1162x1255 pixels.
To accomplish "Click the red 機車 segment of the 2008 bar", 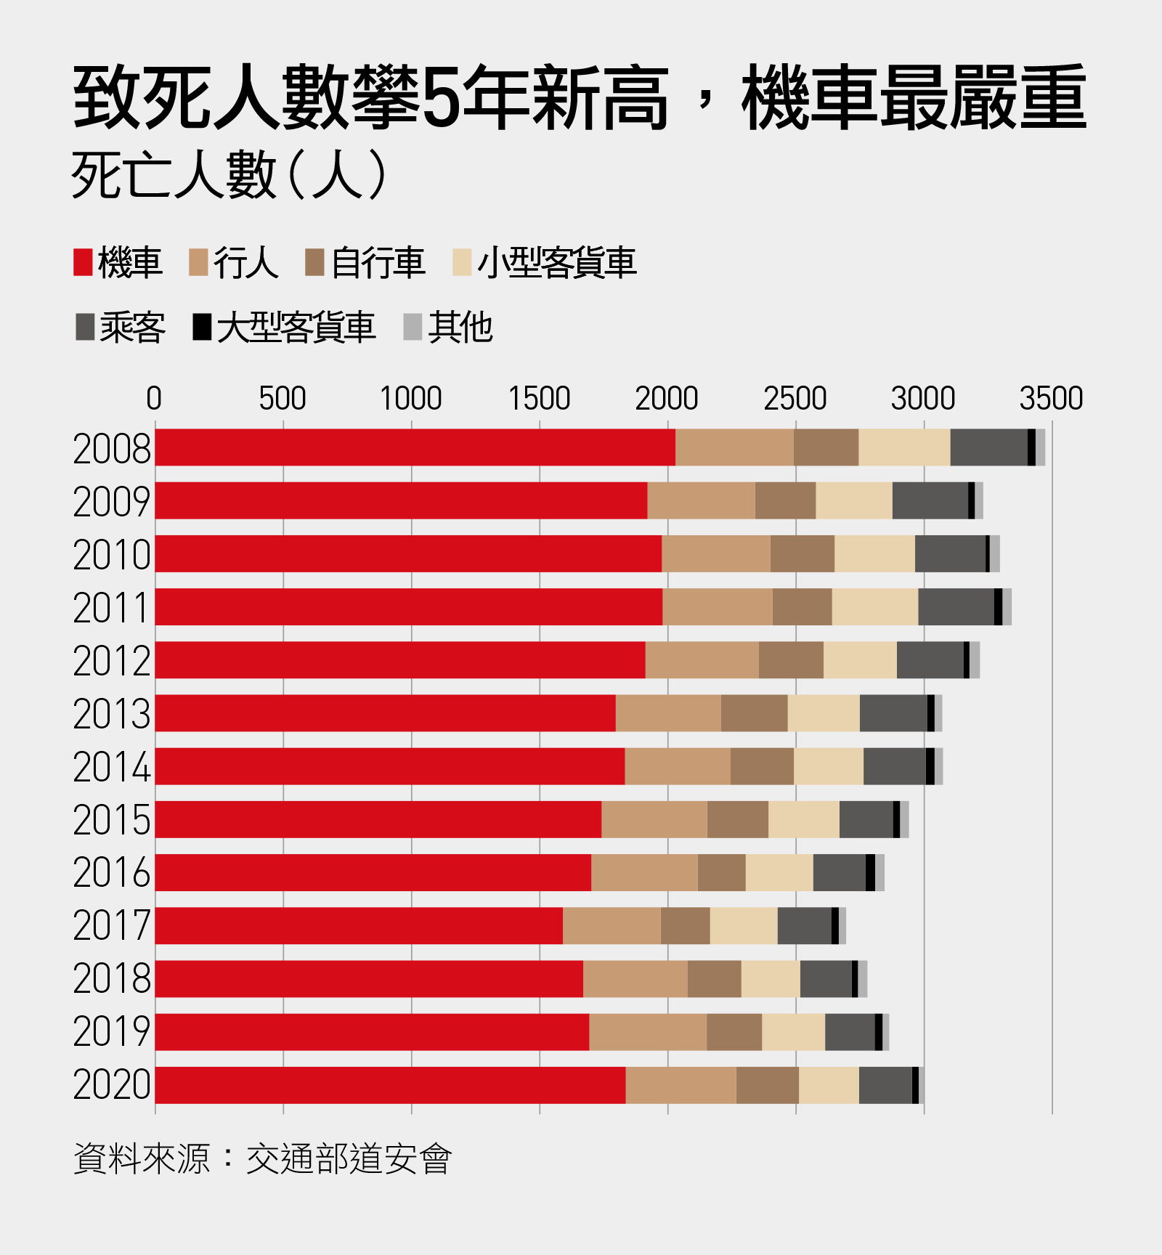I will [415, 447].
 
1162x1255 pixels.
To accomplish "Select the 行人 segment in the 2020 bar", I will [680, 1085].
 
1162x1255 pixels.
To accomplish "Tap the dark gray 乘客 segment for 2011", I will [956, 607].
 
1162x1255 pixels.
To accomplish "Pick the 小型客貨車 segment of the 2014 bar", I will [829, 766].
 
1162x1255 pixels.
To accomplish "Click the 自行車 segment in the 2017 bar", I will [685, 926].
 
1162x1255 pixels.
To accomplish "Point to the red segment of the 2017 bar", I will [359, 926].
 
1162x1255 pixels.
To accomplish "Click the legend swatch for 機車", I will [83, 263].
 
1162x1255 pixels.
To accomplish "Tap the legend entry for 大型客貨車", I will [296, 328].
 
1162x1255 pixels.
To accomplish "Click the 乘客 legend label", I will [133, 328].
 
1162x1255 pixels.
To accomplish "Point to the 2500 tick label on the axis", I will [795, 399].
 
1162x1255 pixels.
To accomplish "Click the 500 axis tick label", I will [283, 399].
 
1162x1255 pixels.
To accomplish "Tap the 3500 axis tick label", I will [1051, 399].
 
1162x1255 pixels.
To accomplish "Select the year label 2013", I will [112, 714].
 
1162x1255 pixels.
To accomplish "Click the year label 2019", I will [112, 1032].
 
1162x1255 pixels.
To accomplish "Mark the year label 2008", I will [112, 449].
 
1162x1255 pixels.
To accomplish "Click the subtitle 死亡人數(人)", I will [229, 176].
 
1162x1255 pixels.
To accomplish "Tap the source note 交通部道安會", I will [349, 1158].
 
